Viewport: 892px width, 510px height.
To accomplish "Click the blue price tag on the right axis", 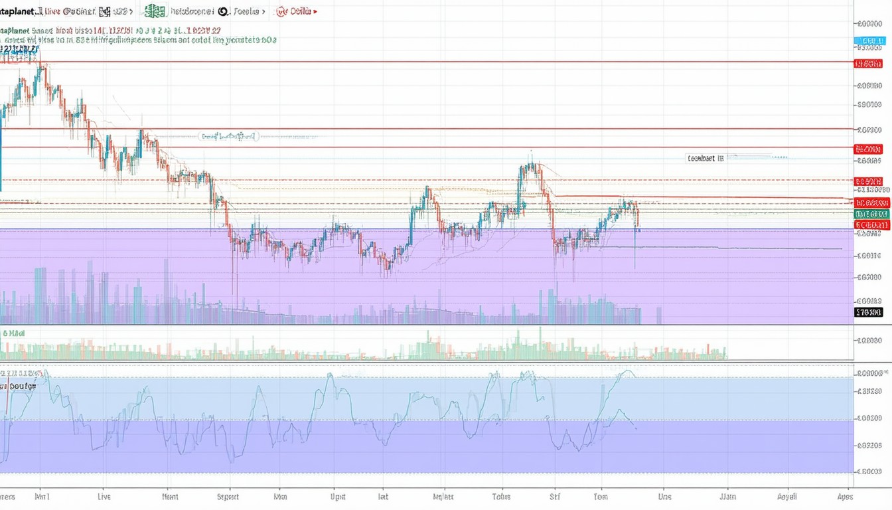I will pyautogui.click(x=870, y=41).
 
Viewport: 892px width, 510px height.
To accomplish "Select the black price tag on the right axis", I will pyautogui.click(x=868, y=311).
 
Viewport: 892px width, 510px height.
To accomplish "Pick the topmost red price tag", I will pyautogui.click(x=869, y=64).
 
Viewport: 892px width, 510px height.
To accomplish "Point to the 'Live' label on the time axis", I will pyautogui.click(x=104, y=496).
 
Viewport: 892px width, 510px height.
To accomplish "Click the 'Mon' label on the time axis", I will pyautogui.click(x=280, y=496).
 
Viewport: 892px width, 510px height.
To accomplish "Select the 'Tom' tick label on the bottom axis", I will pyautogui.click(x=601, y=496).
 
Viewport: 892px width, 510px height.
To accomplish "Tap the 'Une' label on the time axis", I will pyautogui.click(x=664, y=496).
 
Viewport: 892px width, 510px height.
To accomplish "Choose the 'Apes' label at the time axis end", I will pyautogui.click(x=845, y=496).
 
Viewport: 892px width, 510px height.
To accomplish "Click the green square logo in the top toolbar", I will pyautogui.click(x=155, y=11).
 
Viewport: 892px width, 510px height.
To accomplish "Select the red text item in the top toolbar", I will pyautogui.click(x=297, y=11).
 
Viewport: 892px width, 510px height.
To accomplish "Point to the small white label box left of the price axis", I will pyautogui.click(x=706, y=159).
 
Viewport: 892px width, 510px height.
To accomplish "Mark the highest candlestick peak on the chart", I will pyautogui.click(x=39, y=64).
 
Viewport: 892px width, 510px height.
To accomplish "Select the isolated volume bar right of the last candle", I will pyautogui.click(x=659, y=315).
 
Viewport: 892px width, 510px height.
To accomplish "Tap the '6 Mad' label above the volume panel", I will pyautogui.click(x=14, y=333).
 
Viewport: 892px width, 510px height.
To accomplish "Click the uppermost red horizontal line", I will pyautogui.click(x=425, y=62).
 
